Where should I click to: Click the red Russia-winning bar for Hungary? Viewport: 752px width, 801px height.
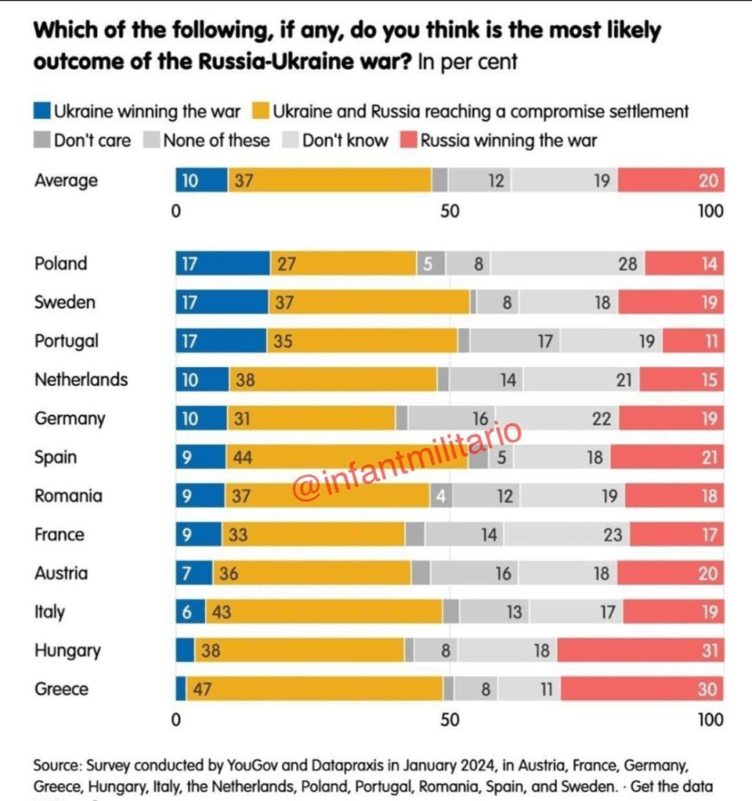pyautogui.click(x=640, y=650)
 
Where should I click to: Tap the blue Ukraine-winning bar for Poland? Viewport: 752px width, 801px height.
pyautogui.click(x=222, y=264)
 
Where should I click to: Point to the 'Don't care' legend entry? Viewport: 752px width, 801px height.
pyautogui.click(x=82, y=142)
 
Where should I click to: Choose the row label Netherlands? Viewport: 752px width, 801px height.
pyautogui.click(x=81, y=379)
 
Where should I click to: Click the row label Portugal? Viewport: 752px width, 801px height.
pyautogui.click(x=67, y=341)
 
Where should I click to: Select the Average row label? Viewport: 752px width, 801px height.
pyautogui.click(x=66, y=181)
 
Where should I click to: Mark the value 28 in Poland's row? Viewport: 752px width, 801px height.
pyautogui.click(x=628, y=264)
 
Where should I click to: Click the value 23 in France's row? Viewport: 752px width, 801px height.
pyautogui.click(x=613, y=534)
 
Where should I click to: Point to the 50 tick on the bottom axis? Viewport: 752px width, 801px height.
pyautogui.click(x=449, y=720)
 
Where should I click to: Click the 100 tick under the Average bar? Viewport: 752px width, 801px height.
pyautogui.click(x=711, y=211)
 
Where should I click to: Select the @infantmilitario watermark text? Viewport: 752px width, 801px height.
pyautogui.click(x=407, y=462)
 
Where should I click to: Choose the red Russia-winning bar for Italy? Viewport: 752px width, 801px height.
pyautogui.click(x=673, y=612)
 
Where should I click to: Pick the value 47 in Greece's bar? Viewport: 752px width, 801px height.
pyautogui.click(x=205, y=689)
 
